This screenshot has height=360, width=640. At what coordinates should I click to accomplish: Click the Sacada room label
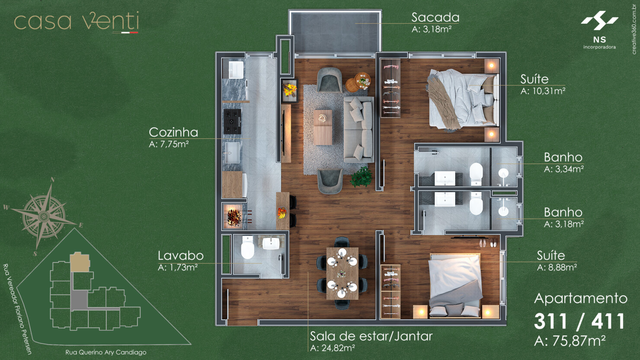click(x=435, y=18)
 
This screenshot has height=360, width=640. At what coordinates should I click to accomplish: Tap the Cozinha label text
click(x=173, y=132)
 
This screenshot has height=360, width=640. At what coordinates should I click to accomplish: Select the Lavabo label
click(x=180, y=255)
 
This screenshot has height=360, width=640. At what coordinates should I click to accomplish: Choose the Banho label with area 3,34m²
click(x=563, y=157)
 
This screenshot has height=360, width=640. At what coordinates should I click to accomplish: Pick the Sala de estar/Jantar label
click(x=371, y=336)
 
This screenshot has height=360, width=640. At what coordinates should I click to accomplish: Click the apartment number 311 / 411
click(x=579, y=322)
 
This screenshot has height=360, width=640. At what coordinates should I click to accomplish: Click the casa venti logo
click(x=77, y=22)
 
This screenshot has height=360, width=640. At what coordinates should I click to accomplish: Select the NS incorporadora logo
click(x=599, y=30)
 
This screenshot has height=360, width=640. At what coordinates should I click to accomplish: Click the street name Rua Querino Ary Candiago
click(x=106, y=352)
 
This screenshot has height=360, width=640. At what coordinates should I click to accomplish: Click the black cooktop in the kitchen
click(x=232, y=121)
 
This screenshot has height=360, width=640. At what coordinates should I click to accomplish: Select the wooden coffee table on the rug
click(x=323, y=127)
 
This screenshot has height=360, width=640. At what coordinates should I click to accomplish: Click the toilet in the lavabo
click(x=247, y=248)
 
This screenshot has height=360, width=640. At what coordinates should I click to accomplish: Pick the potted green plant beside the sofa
click(x=362, y=177)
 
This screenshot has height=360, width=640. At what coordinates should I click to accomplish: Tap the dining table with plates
click(x=342, y=273)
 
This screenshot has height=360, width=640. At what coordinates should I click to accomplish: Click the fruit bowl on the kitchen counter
click(x=282, y=213)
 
